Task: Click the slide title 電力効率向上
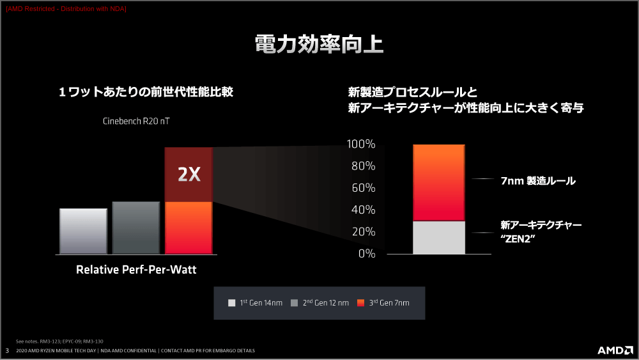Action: coord(319,44)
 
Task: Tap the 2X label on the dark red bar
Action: coord(189,175)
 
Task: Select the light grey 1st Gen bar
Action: coord(83,231)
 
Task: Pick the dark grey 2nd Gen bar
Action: coord(136,228)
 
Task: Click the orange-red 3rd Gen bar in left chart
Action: coord(189,228)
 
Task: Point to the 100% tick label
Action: coord(360,144)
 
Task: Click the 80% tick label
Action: coord(363,166)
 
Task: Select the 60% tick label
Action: coord(363,188)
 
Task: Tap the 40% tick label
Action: coord(363,210)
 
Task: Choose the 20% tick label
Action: coord(363,231)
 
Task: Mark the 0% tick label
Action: coord(367,254)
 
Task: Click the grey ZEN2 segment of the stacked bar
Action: coord(439,238)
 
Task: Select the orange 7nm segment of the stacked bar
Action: coord(439,183)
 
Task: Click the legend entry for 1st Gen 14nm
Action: coord(255,303)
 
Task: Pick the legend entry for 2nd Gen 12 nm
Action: coord(319,303)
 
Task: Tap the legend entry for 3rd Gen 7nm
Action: coord(383,303)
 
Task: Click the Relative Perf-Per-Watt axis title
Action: coord(136,269)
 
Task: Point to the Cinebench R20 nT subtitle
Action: coord(136,121)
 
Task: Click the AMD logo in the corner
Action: coord(615,350)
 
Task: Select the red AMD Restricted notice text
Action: coord(66,8)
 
